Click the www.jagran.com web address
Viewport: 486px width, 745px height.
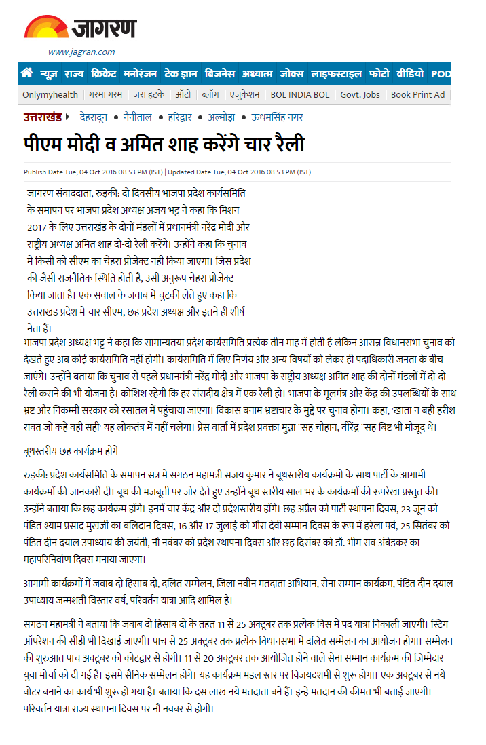[81, 52]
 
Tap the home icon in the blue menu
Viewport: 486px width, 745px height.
[27, 73]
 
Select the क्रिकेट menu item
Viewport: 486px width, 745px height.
[104, 73]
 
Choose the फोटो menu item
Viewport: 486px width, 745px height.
[379, 73]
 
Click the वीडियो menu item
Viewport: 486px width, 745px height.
[410, 73]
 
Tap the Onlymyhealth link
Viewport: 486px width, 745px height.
[50, 95]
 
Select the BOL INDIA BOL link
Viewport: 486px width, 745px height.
[300, 95]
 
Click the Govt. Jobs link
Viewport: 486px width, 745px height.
[360, 95]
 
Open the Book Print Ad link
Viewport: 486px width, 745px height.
[417, 95]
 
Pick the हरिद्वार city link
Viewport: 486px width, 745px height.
[184, 117]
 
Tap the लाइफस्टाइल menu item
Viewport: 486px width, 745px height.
[336, 73]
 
